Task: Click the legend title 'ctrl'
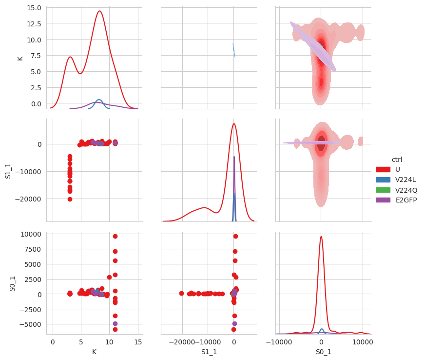(x=397, y=160)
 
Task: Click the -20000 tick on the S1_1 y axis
(x=30, y=199)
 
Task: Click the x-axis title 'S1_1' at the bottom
(x=209, y=352)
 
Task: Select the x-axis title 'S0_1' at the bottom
(x=324, y=352)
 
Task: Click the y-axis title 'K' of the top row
(x=20, y=58)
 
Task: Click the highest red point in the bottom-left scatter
(x=115, y=236)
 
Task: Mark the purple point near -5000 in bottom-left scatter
(x=115, y=323)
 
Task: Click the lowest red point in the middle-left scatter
(x=70, y=199)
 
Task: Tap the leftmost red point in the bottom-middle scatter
(x=181, y=294)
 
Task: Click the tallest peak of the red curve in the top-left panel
(x=99, y=11)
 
